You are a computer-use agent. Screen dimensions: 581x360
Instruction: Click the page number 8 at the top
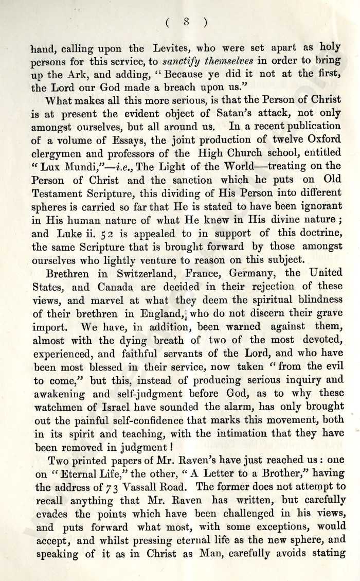click(x=186, y=22)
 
